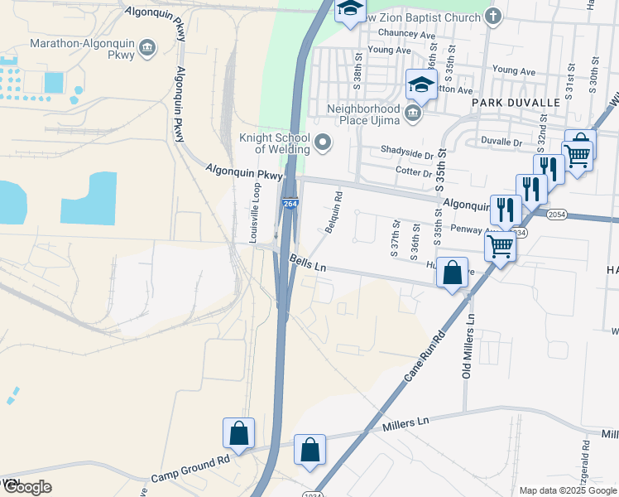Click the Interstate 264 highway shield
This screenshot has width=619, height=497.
pos(290,204)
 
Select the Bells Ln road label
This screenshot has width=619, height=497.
pos(309,265)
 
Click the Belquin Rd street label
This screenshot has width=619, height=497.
pos(333,212)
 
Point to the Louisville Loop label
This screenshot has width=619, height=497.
pos(255,212)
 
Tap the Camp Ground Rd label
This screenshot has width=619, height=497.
pos(190,470)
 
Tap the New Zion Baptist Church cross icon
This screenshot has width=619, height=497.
pos(493,17)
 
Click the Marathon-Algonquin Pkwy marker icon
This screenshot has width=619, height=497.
pos(148,48)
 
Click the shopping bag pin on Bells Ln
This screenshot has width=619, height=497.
pos(452,272)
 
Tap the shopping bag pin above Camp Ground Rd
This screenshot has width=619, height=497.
pos(238,432)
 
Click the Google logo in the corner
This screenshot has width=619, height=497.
pos(26,487)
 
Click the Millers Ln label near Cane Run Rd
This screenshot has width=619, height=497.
pos(407,422)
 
